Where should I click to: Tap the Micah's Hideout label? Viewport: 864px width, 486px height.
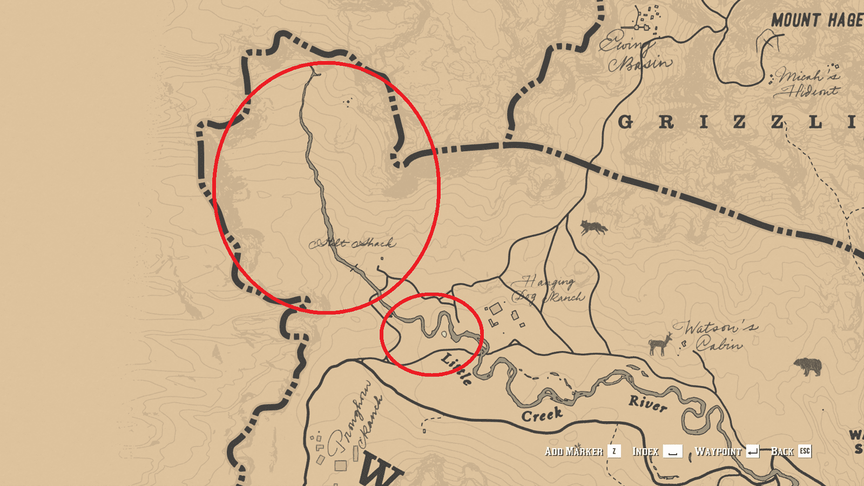pyautogui.click(x=807, y=83)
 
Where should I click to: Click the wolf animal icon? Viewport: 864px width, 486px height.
pyautogui.click(x=593, y=227)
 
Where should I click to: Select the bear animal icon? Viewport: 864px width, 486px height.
pyautogui.click(x=808, y=367)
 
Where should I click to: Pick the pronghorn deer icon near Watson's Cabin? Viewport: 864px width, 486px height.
pyautogui.click(x=660, y=343)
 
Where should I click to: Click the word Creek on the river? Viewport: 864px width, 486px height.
pyautogui.click(x=542, y=415)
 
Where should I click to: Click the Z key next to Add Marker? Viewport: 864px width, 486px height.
pyautogui.click(x=614, y=451)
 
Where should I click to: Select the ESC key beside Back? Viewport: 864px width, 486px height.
pyautogui.click(x=805, y=451)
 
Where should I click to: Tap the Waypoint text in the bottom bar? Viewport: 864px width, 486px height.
pyautogui.click(x=718, y=451)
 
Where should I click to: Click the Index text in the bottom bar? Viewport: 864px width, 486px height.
pyautogui.click(x=645, y=451)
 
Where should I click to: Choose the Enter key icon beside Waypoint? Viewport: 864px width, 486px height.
pyautogui.click(x=753, y=451)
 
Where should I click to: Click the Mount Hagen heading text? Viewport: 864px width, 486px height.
pyautogui.click(x=816, y=21)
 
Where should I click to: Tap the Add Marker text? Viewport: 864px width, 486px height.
pyautogui.click(x=573, y=451)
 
